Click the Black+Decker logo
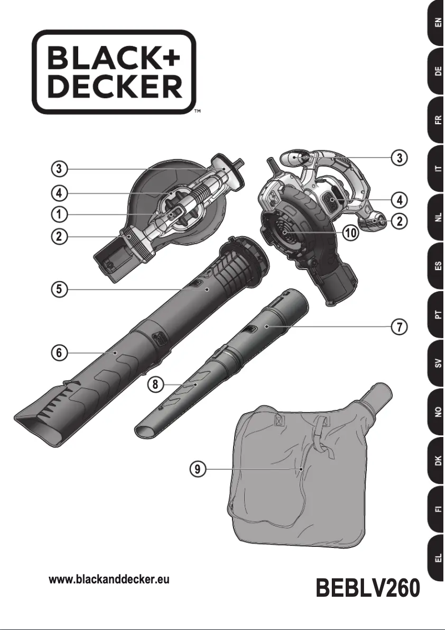pyautogui.click(x=114, y=72)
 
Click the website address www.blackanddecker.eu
pyautogui.click(x=109, y=580)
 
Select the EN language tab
pyautogui.click(x=437, y=24)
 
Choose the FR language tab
pyautogui.click(x=437, y=120)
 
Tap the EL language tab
pyautogui.click(x=437, y=556)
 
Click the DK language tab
pyautogui.click(x=437, y=460)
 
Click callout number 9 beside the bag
pyautogui.click(x=197, y=469)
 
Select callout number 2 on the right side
pyautogui.click(x=398, y=221)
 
